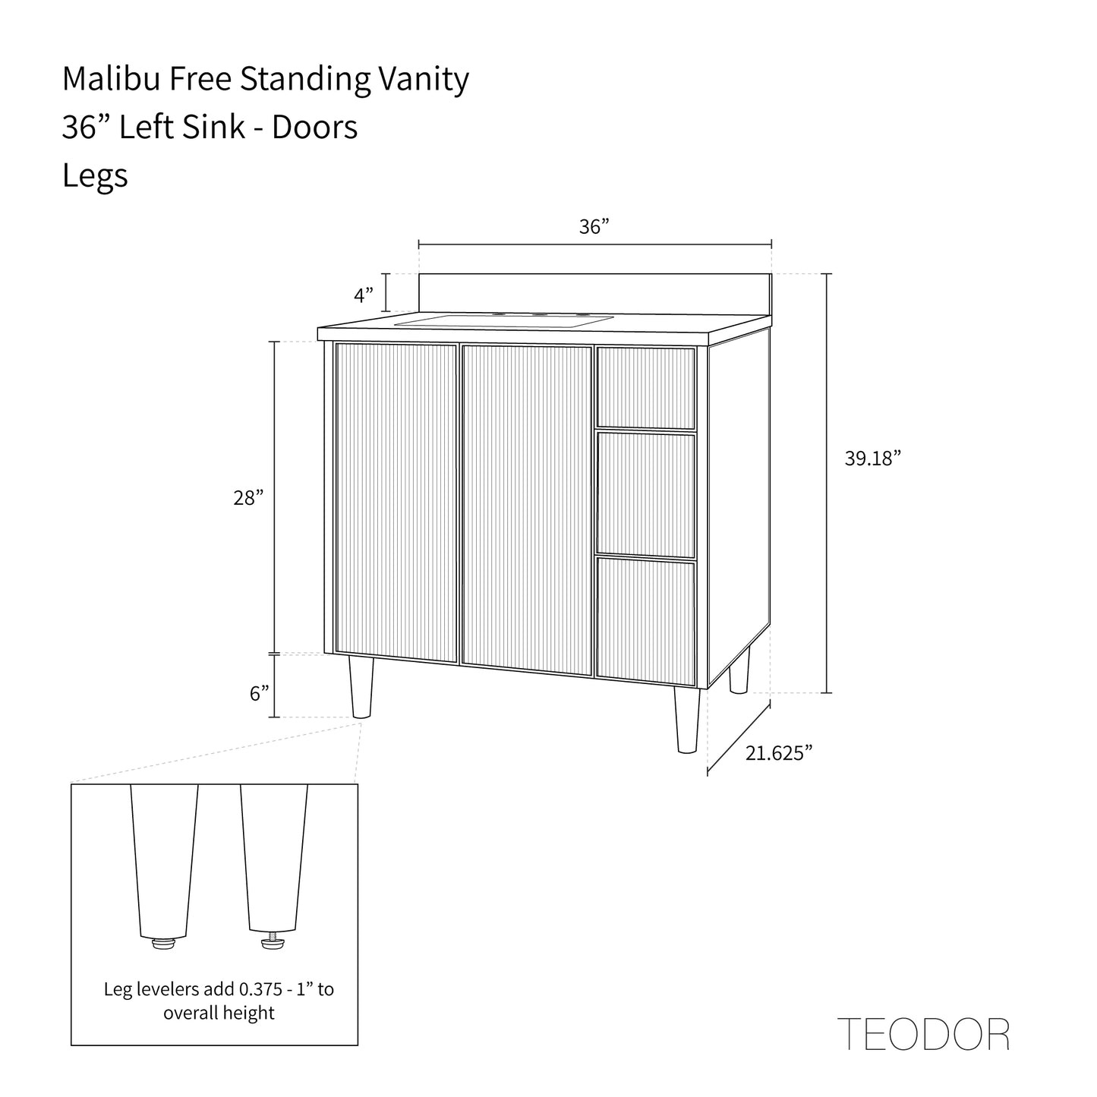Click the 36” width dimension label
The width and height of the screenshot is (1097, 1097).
594,227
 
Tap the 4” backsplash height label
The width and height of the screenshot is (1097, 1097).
364,293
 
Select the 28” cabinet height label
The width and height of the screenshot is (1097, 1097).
249,498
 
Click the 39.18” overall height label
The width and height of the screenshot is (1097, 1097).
872,459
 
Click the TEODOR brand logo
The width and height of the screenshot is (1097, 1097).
923,1034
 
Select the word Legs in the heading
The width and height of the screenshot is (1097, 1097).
95,176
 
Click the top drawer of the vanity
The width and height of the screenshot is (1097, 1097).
645,387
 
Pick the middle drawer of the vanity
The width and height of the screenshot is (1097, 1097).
646,494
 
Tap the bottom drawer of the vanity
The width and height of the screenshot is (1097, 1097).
646,619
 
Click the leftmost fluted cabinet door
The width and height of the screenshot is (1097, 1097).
396,503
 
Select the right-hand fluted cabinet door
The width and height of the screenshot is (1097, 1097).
527,509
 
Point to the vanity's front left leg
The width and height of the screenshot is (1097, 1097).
361,688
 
